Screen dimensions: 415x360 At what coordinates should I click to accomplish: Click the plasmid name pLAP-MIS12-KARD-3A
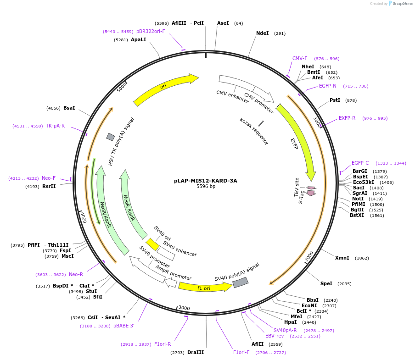click(205, 181)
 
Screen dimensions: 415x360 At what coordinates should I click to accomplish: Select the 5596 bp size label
click(206, 187)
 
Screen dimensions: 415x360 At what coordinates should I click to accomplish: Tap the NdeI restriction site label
click(263, 33)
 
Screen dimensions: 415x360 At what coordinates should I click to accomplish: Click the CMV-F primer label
click(300, 58)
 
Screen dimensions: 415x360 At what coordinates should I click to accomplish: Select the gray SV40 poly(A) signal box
click(241, 282)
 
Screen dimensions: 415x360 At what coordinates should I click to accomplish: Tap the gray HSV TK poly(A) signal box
click(111, 137)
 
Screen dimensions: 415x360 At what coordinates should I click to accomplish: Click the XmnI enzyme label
click(342, 258)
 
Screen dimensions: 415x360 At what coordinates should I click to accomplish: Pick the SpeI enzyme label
click(326, 283)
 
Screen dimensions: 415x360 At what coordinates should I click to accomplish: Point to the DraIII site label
click(196, 352)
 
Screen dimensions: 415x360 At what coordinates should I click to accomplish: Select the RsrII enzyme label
click(49, 186)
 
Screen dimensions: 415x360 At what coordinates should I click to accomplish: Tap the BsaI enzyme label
click(69, 108)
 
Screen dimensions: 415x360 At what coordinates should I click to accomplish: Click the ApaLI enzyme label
click(138, 40)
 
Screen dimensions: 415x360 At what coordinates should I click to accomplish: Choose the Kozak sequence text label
click(253, 131)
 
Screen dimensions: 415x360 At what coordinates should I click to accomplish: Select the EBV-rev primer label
click(275, 336)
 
